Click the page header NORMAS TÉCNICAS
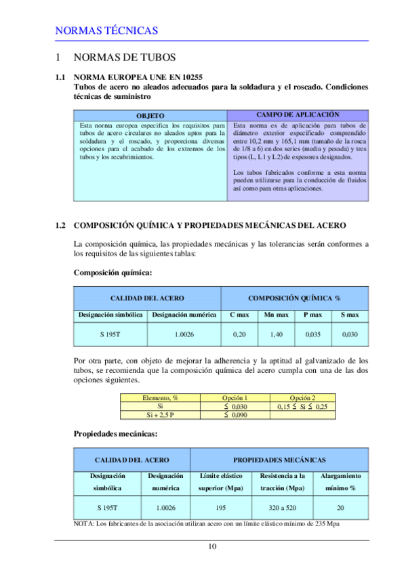coord(106,31)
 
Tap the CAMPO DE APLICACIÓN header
coord(298,115)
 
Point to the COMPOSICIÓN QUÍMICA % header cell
coord(294,298)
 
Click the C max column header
coord(239,315)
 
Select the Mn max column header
coord(276,315)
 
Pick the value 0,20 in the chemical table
coord(239,335)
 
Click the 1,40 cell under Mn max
coord(276,335)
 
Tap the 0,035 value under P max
coord(312,335)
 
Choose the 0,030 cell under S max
coord(350,335)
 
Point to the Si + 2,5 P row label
coord(156,414)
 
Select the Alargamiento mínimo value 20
coord(340,507)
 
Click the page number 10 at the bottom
coord(212,547)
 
